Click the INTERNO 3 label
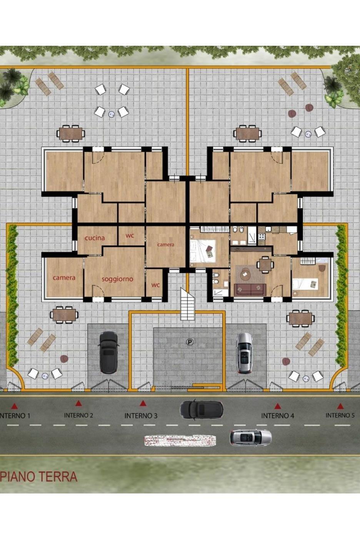(141, 416)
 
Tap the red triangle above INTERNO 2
(78, 403)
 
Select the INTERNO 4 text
(278, 416)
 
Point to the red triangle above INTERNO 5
(340, 407)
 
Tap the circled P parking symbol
(190, 342)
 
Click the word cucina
(95, 238)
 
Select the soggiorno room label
(117, 279)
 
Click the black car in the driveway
(108, 352)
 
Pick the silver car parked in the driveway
(245, 353)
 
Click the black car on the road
(202, 409)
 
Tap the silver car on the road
(251, 437)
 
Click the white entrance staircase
(187, 303)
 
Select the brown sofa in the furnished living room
(250, 289)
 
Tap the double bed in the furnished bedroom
(203, 251)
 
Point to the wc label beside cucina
(130, 235)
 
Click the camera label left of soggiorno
(64, 278)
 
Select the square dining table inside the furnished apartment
(265, 265)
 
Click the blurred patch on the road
(180, 440)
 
